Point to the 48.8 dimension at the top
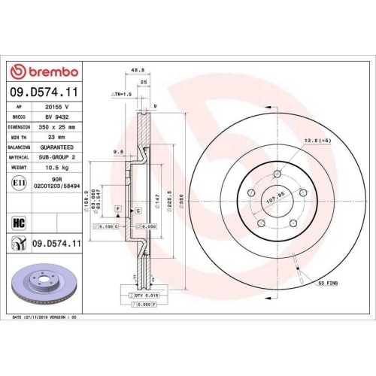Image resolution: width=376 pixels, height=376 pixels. pyautogui.click(x=138, y=71)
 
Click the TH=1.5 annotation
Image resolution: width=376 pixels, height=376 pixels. pyautogui.click(x=121, y=95)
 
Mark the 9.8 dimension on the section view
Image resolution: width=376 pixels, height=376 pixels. pyautogui.click(x=118, y=153)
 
